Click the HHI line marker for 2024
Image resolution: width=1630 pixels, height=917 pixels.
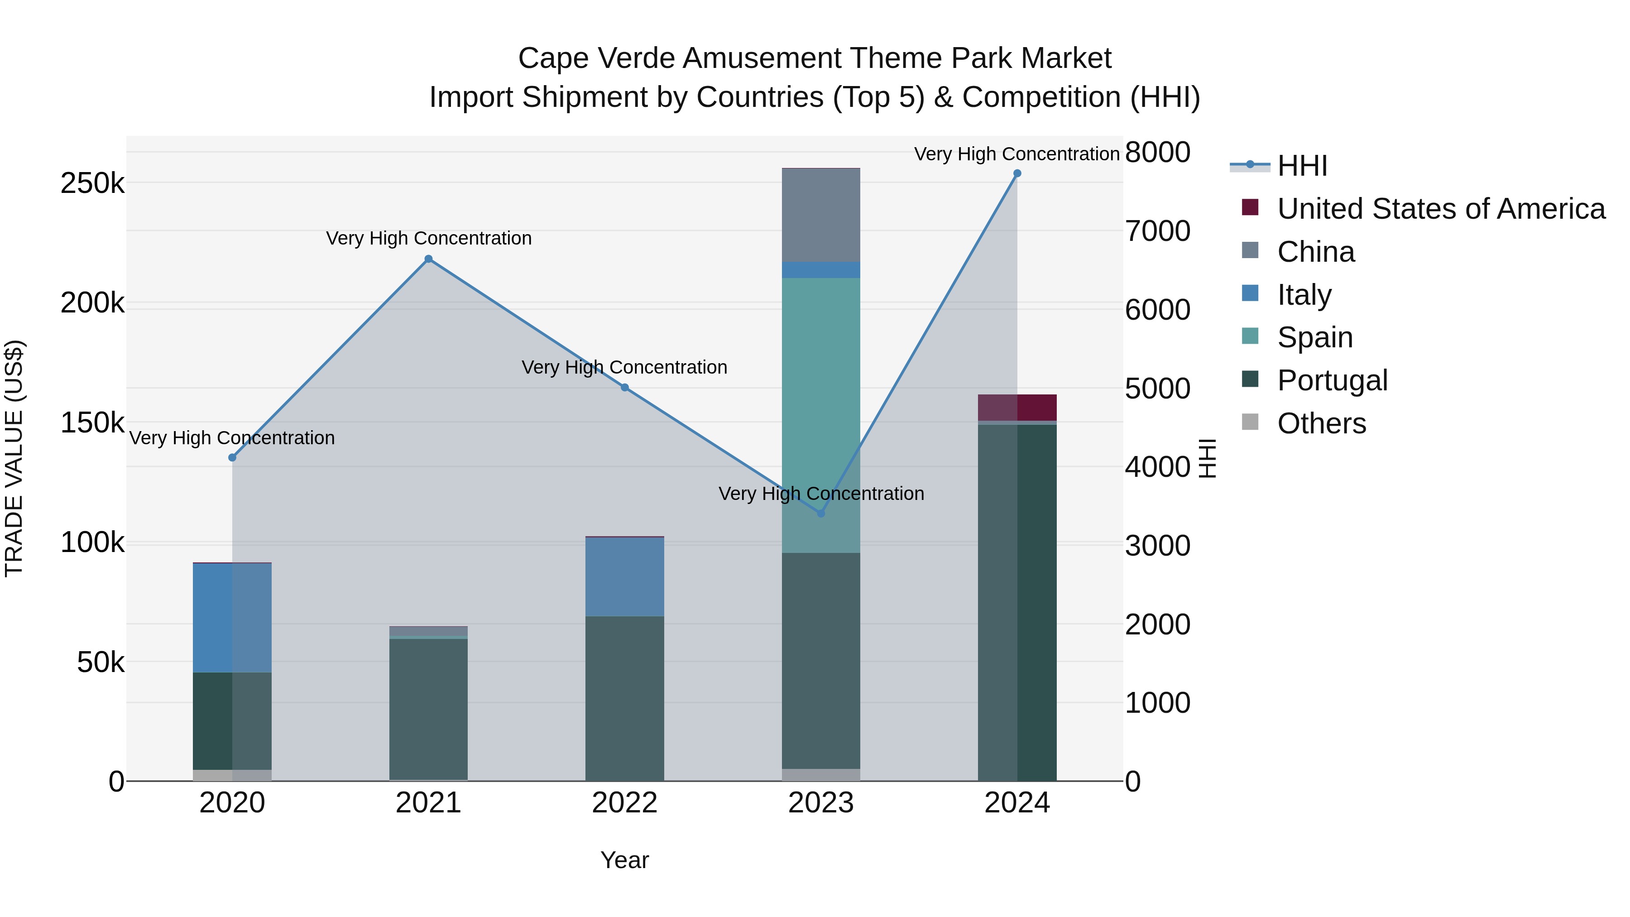pos(1017,173)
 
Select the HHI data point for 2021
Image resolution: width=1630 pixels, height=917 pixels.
pos(428,259)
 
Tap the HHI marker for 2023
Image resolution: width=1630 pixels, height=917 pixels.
pos(821,513)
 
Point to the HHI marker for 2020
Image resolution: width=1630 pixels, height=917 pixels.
pos(232,457)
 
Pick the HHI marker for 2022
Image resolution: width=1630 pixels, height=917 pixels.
pos(624,387)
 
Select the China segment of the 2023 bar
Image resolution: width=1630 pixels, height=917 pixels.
pos(821,215)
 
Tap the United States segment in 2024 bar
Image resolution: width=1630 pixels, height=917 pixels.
pos(1017,408)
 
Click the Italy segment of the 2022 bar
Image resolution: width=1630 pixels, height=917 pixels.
pos(624,576)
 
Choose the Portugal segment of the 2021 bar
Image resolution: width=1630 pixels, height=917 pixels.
pos(428,709)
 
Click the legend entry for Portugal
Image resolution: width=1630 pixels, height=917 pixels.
pos(1332,380)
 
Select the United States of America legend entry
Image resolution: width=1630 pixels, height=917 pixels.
pos(1441,209)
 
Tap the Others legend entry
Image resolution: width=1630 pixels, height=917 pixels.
pos(1321,423)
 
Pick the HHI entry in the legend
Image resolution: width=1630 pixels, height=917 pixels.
pos(1302,166)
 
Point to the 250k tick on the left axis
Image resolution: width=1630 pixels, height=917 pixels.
pos(92,183)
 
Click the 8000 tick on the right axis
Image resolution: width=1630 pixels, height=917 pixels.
pos(1157,153)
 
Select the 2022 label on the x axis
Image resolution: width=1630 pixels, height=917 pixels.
pos(624,803)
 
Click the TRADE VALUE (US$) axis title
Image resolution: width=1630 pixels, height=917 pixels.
pos(14,458)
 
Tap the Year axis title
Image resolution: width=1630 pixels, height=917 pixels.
pos(624,860)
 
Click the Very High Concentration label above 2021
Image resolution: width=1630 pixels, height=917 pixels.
pos(428,239)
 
